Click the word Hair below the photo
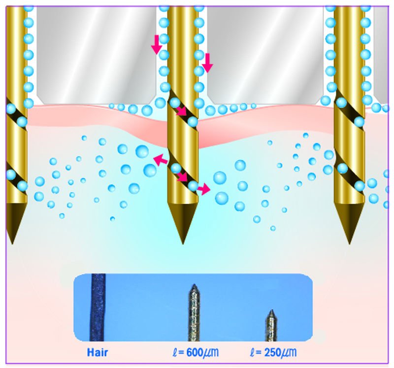pyautogui.click(x=97, y=352)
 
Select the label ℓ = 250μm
pyautogui.click(x=274, y=352)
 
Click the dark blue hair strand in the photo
pyautogui.click(x=98, y=307)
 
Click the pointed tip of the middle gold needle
pyautogui.click(x=183, y=244)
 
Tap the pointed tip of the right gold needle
pyautogui.click(x=349, y=244)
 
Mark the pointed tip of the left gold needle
pyautogui.click(x=12, y=244)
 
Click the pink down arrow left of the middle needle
pyautogui.click(x=157, y=45)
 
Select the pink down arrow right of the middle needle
pyautogui.click(x=207, y=63)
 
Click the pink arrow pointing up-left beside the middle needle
pyautogui.click(x=161, y=160)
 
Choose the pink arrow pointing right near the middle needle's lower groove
pyautogui.click(x=203, y=189)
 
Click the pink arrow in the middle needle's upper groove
pyautogui.click(x=182, y=111)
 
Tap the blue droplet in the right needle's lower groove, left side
pyautogui.click(x=342, y=168)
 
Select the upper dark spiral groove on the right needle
pyautogui.click(x=349, y=108)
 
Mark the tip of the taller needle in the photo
pyautogui.click(x=194, y=284)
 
